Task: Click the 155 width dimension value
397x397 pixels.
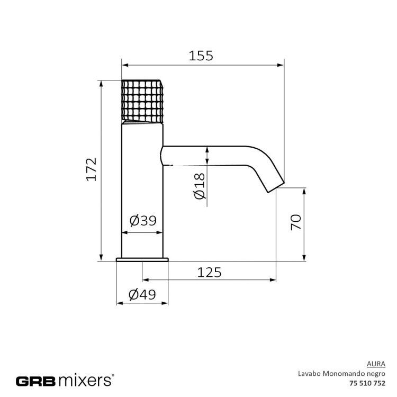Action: pos(201,56)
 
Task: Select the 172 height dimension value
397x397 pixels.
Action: pos(92,169)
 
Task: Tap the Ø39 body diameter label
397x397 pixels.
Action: pos(142,221)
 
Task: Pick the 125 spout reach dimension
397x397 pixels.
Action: pos(209,272)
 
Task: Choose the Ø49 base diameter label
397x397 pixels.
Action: pos(142,295)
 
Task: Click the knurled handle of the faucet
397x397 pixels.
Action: pos(142,101)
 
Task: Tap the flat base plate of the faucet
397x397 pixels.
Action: pos(142,259)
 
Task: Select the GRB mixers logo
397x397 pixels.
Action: pos(64,380)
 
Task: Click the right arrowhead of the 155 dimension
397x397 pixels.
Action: pos(281,65)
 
